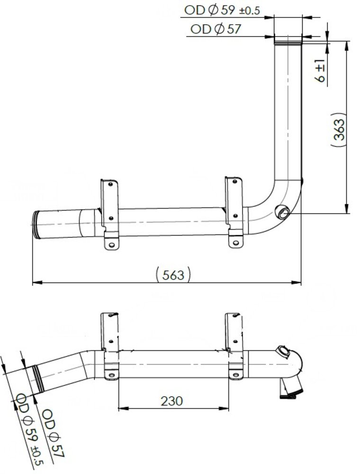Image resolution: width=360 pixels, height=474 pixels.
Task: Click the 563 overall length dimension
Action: click(173, 275)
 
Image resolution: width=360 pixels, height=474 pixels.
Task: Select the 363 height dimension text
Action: click(339, 130)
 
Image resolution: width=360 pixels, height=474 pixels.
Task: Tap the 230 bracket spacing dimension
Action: click(171, 401)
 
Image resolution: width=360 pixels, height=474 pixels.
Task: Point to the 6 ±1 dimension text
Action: click(320, 71)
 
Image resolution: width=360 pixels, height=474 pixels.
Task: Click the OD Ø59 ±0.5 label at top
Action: click(222, 10)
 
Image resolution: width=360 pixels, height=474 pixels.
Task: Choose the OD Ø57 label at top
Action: click(216, 29)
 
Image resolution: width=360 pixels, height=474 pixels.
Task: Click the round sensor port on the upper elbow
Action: click(283, 212)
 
